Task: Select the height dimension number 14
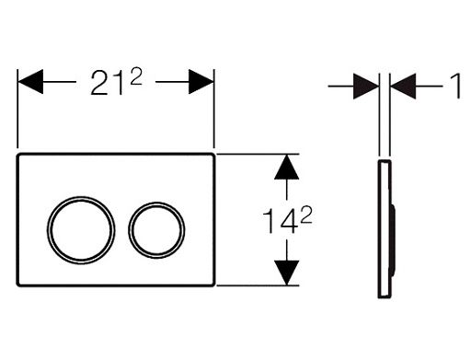[x=281, y=221]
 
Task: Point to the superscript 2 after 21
[x=136, y=76]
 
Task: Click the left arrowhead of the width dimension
[x=30, y=82]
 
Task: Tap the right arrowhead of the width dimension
[x=201, y=82]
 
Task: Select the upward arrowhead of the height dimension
[x=286, y=167]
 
